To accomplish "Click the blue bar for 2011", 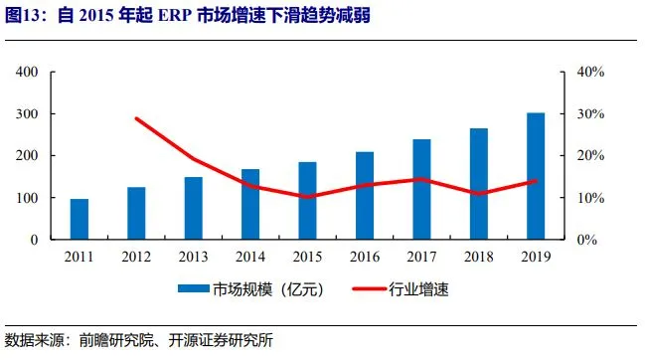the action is [x=80, y=219].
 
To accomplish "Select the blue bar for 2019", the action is [x=536, y=176].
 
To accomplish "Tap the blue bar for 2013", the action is [x=194, y=208].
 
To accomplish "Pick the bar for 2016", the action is [x=365, y=196].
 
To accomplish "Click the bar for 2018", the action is [x=479, y=184].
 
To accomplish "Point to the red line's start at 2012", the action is [x=136, y=119].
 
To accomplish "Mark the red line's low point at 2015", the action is [x=307, y=197].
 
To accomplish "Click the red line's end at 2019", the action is [x=536, y=181].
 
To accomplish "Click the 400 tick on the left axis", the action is [x=27, y=72].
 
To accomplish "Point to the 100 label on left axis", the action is [x=27, y=198].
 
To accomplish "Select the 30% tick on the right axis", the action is [x=590, y=114].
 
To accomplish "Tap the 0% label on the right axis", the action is [x=587, y=240].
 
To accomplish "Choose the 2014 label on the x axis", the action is [x=250, y=257].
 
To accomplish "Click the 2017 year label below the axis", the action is [x=421, y=257].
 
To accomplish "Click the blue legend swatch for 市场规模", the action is [x=194, y=288].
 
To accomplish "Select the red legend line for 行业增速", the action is [x=370, y=288].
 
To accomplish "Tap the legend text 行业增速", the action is [x=418, y=289].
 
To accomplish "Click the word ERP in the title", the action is [x=175, y=16].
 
